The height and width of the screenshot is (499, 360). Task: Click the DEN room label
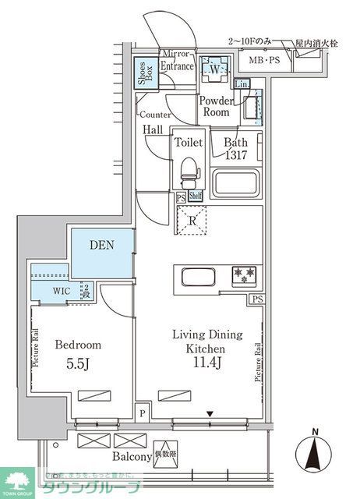point(102,245)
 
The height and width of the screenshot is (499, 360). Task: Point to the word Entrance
point(178,67)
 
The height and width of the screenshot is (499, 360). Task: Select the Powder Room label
point(215,107)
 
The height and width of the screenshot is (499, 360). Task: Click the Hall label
point(153,130)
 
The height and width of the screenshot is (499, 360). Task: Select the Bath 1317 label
point(237,148)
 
